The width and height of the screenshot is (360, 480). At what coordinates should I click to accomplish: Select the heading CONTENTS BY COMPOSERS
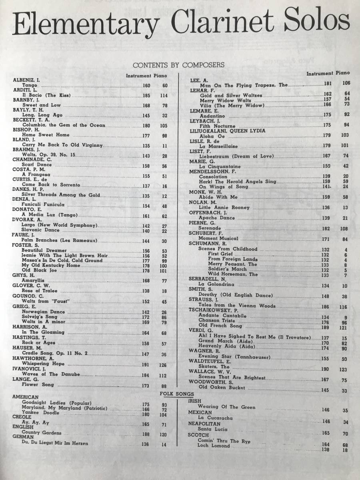[178, 64]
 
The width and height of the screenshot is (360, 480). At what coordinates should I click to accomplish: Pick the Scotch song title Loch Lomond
[214, 445]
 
